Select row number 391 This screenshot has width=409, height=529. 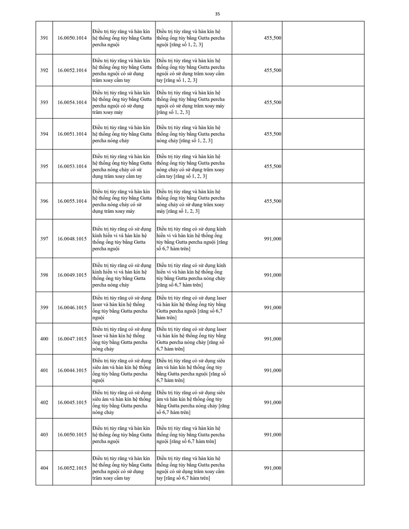(x=44, y=38)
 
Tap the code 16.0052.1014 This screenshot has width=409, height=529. (x=72, y=70)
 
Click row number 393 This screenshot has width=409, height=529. (x=44, y=102)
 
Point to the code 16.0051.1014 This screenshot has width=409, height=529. (x=72, y=134)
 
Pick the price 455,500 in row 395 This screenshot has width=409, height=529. (x=273, y=166)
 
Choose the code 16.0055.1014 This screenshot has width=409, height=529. (x=72, y=201)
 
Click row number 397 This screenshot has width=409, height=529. (x=44, y=239)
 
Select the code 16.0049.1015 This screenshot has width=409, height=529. (x=72, y=275)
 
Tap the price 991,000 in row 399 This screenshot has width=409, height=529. (x=273, y=308)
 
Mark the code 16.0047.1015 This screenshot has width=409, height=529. (x=72, y=339)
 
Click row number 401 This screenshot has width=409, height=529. (x=44, y=370)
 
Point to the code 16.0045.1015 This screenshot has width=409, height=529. (x=72, y=402)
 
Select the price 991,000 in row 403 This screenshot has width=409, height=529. (x=273, y=435)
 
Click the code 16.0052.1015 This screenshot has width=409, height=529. (x=72, y=468)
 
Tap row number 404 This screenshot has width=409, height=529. (x=44, y=468)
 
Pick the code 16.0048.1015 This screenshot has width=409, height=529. (x=72, y=239)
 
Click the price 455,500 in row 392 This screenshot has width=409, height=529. (x=273, y=70)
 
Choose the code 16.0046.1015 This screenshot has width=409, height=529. (x=72, y=308)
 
